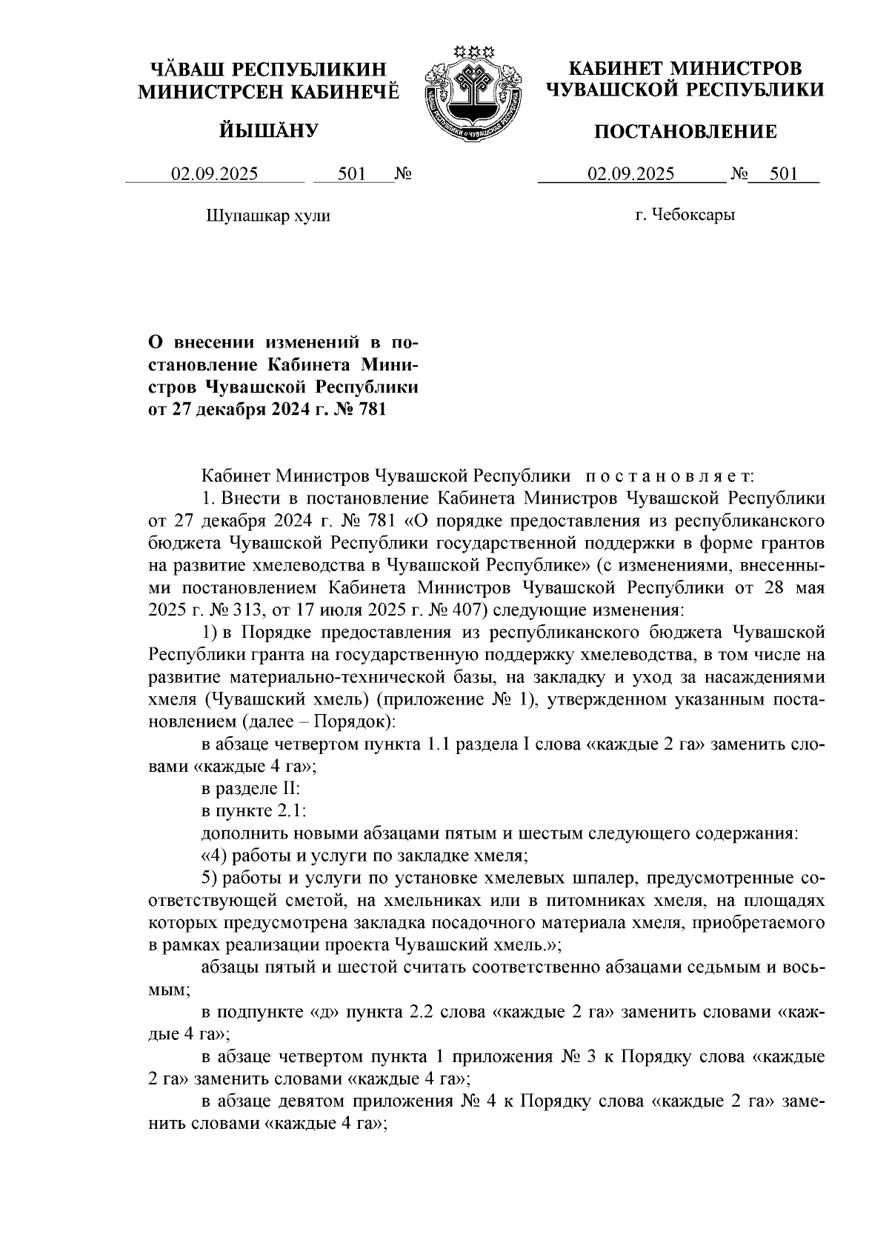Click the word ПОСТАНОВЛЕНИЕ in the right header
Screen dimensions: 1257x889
point(686,132)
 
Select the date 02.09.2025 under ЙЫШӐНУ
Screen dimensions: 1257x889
point(215,174)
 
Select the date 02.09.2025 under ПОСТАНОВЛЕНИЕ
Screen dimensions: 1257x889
point(631,174)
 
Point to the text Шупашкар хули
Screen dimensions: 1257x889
point(267,216)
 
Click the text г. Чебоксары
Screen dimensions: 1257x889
point(685,216)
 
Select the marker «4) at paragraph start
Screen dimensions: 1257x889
point(215,856)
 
